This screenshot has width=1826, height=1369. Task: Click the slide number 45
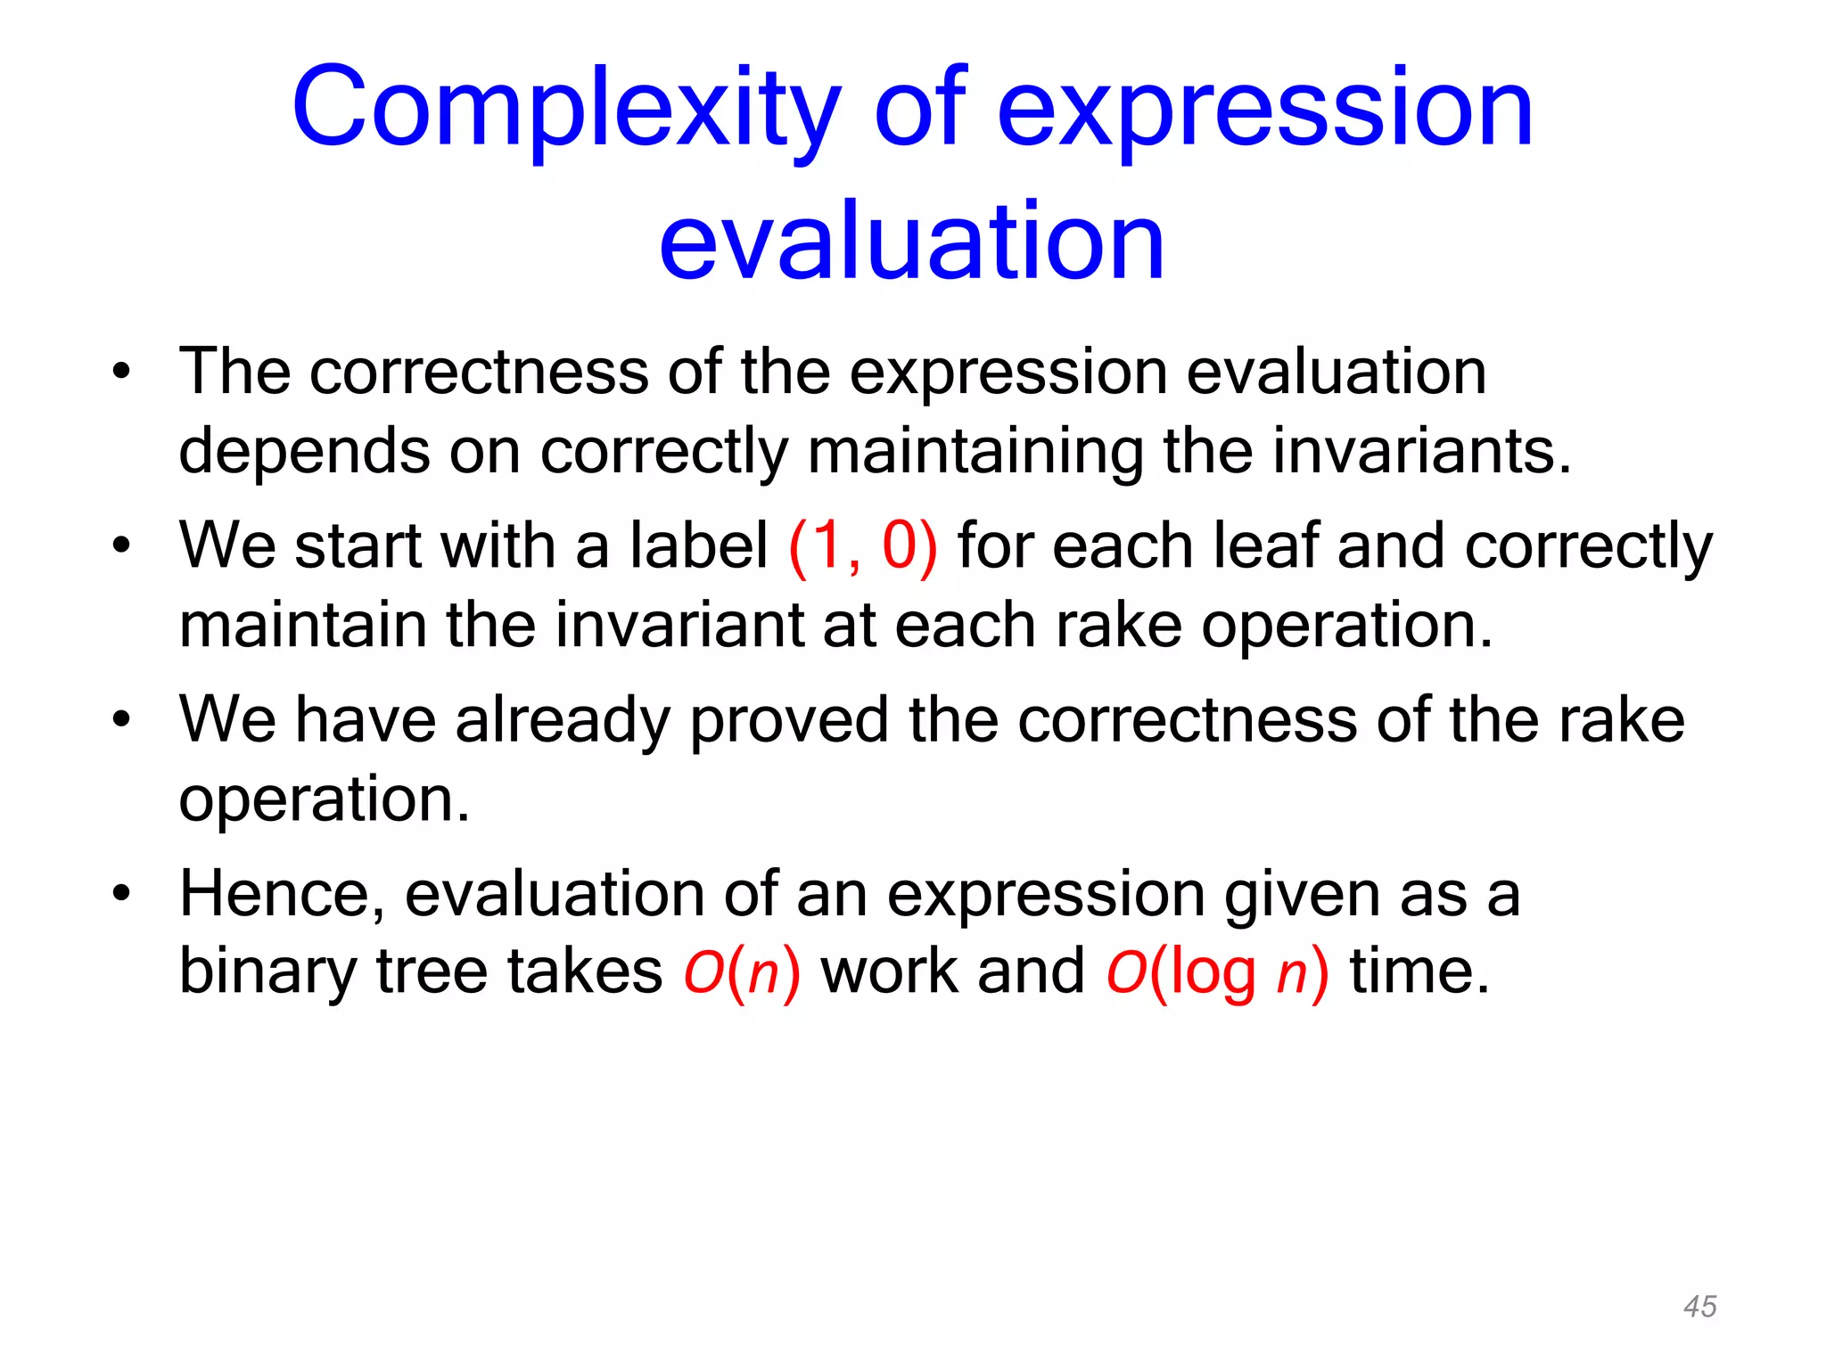[x=1699, y=1307]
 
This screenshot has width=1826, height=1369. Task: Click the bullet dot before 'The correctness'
[x=122, y=371]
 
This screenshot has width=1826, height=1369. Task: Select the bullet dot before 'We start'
[x=122, y=545]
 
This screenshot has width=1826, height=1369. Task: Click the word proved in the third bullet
[x=788, y=720]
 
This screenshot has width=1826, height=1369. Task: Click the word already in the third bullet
[x=562, y=720]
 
